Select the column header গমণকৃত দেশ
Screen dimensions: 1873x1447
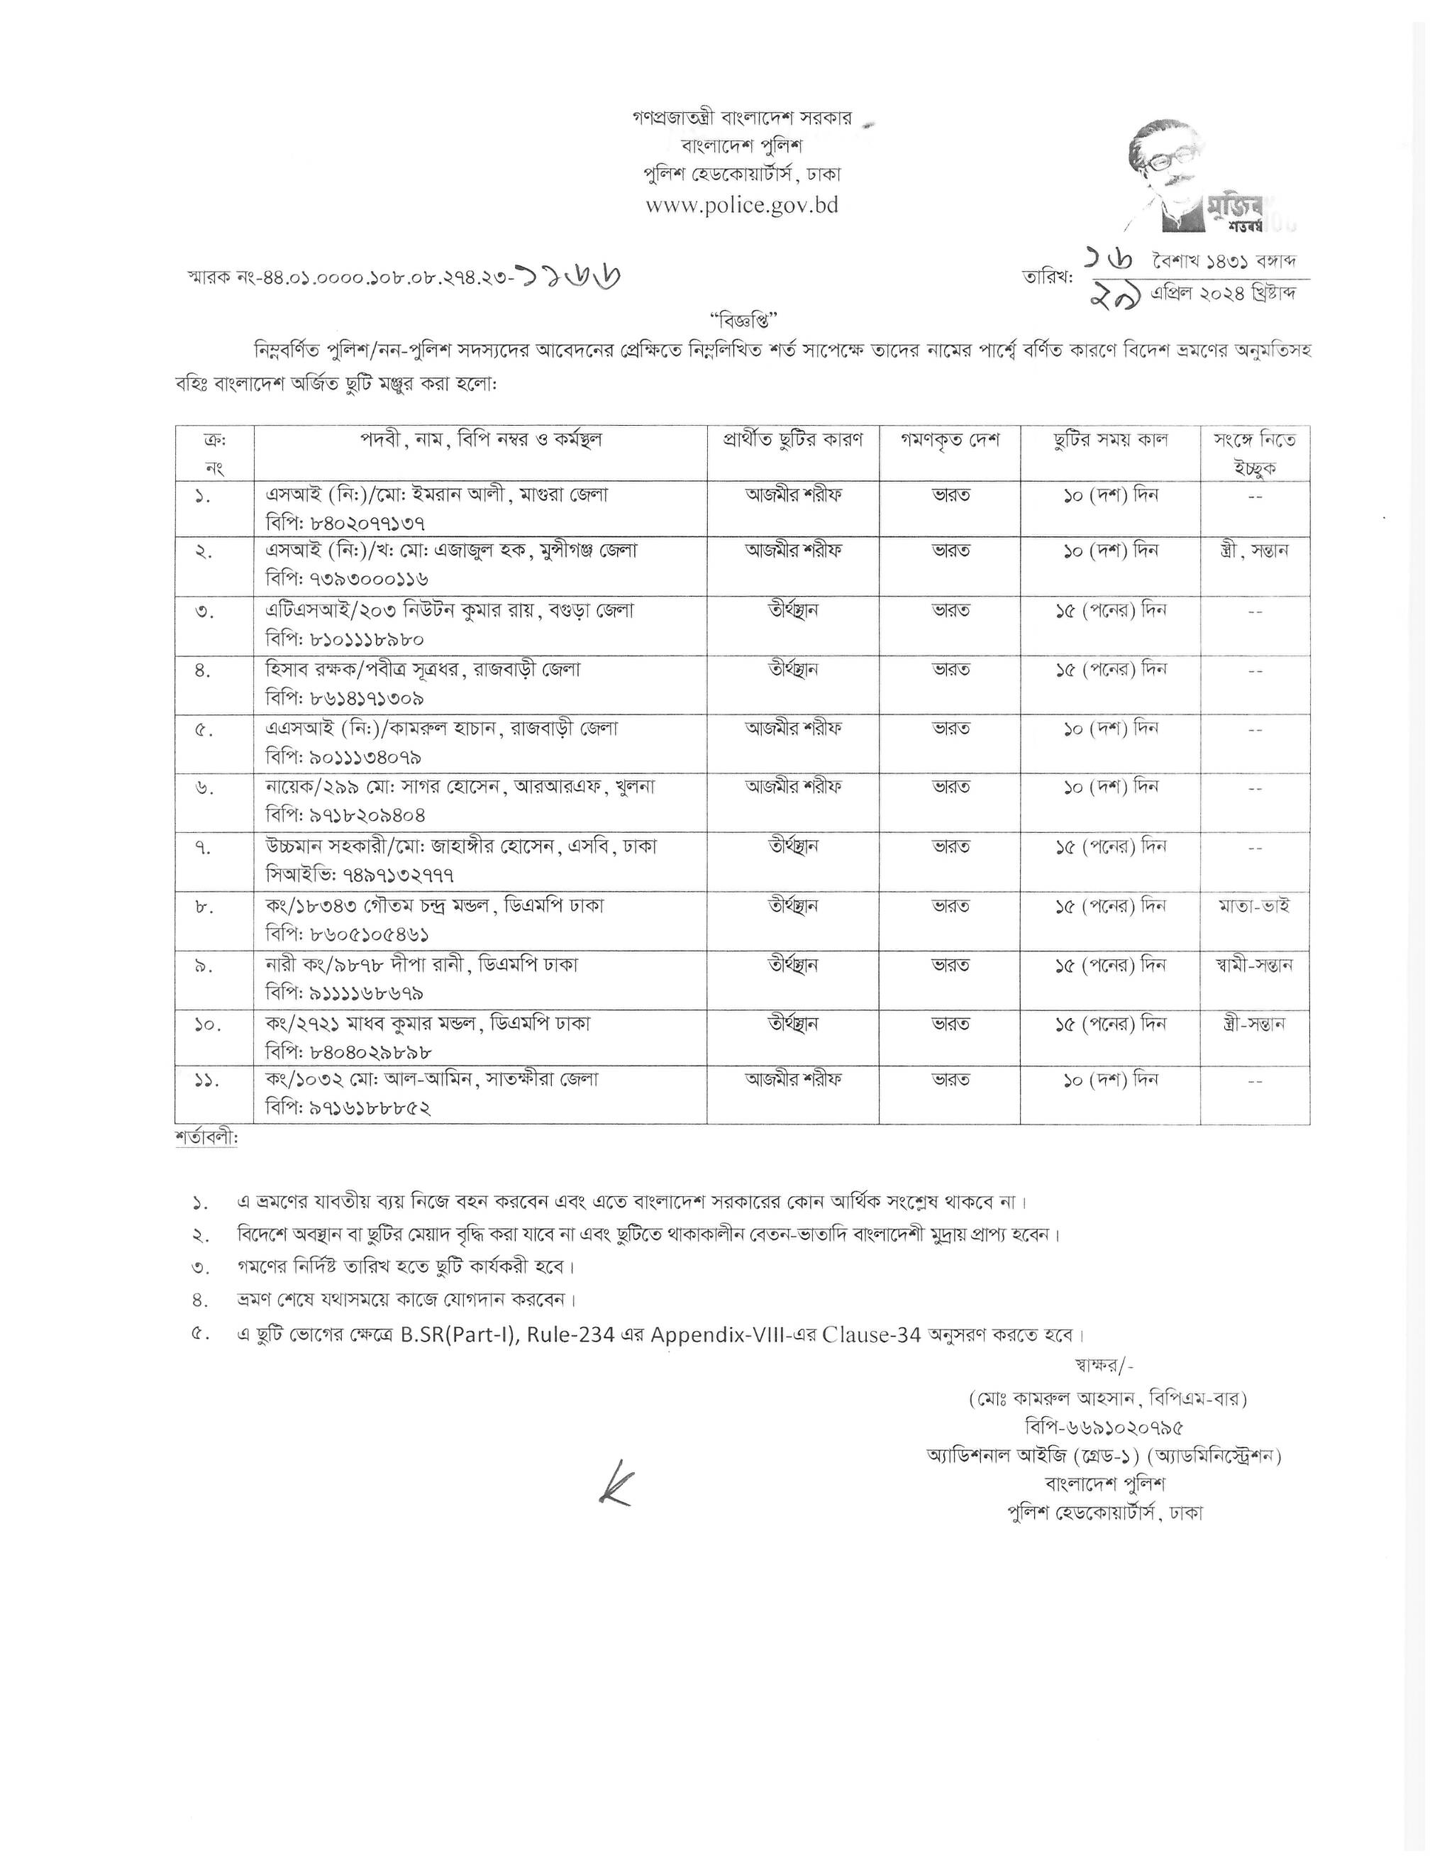(x=950, y=440)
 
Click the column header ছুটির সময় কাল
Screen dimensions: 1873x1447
(x=1111, y=440)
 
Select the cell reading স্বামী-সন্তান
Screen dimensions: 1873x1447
(x=1254, y=965)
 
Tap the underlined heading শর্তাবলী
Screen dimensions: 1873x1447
(x=206, y=1139)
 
